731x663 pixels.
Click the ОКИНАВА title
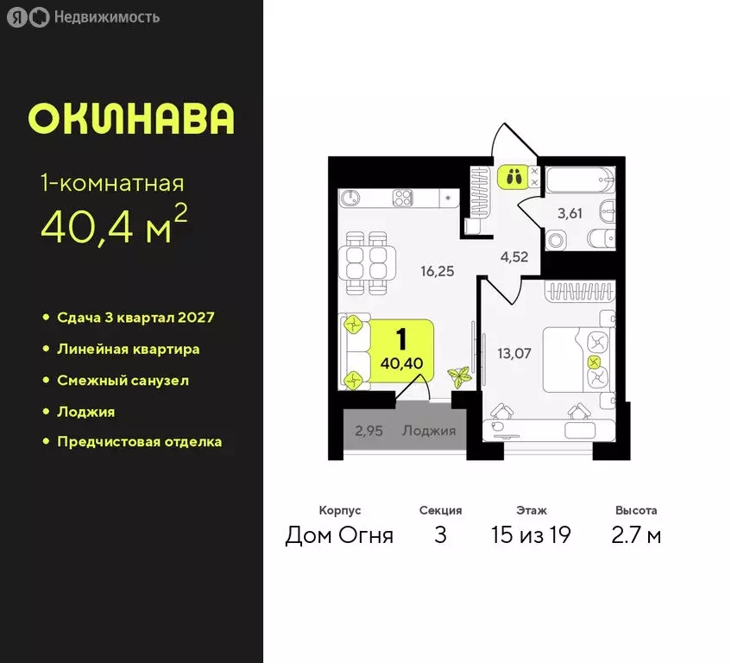[x=131, y=119]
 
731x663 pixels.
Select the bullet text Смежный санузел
[x=123, y=380]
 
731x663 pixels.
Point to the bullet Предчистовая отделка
[x=139, y=441]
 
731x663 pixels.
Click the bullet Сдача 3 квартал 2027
[x=135, y=317]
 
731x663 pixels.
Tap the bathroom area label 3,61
[x=569, y=213]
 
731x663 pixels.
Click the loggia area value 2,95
[x=369, y=430]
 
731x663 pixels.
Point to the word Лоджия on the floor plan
[x=429, y=430]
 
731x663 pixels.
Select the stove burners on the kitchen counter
[x=404, y=198]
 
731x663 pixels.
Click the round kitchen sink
[x=350, y=198]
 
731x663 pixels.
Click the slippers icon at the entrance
[x=514, y=178]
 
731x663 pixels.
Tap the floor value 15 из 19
[x=531, y=535]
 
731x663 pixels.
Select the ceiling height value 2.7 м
[x=636, y=535]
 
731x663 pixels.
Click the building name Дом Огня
[x=339, y=535]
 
